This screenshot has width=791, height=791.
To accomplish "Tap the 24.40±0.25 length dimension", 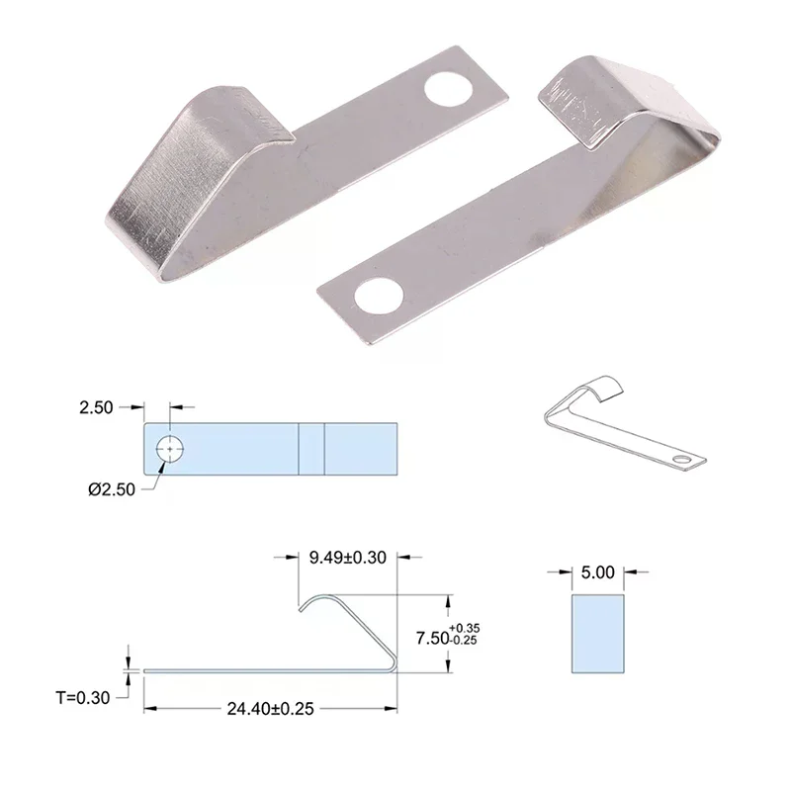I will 271,709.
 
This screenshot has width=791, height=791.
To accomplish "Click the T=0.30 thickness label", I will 83,697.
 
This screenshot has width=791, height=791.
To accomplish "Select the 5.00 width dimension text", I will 597,571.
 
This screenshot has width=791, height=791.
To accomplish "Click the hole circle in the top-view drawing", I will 170,449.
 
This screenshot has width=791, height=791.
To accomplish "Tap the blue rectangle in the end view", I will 597,634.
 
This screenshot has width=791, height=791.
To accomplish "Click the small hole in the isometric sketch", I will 681,461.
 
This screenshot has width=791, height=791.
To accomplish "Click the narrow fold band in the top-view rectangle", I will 311,448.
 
